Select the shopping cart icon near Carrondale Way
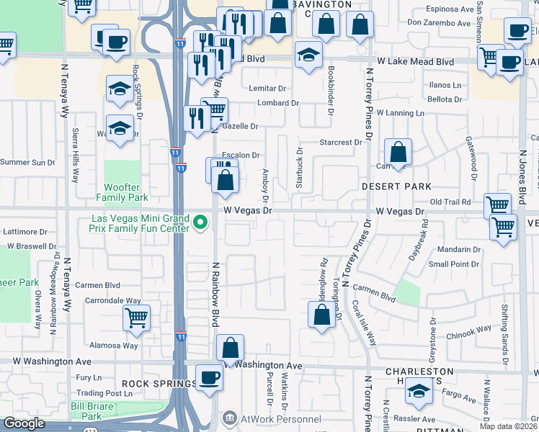[136, 317]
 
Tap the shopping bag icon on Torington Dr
[321, 314]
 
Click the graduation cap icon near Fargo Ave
[419, 392]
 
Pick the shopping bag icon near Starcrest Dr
[398, 153]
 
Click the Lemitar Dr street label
[267, 89]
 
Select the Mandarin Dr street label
[458, 250]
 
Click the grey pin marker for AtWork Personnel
[229, 418]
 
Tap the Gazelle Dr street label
[241, 126]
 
